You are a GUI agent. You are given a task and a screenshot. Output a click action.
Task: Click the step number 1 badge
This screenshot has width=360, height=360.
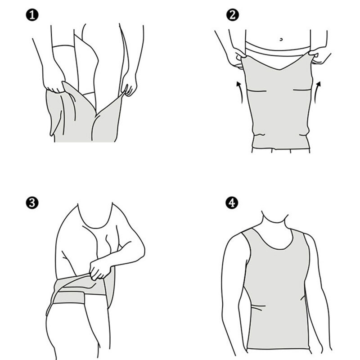pos(32,15)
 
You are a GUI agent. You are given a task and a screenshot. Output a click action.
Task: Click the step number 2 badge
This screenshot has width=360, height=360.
pos(232,15)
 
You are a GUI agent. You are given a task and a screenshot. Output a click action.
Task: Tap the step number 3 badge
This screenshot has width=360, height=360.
pos(32,203)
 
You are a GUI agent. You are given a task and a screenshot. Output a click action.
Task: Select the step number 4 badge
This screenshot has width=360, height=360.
pos(232,203)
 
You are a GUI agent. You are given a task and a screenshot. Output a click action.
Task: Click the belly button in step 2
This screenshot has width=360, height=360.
pos(281,40)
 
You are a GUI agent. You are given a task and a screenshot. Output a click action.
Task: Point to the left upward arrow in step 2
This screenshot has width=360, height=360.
pos(240,92)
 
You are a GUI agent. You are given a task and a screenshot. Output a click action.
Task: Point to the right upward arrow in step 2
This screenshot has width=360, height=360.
pos(317,92)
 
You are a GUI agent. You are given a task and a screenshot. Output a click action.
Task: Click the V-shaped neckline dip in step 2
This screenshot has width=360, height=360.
pos(279,69)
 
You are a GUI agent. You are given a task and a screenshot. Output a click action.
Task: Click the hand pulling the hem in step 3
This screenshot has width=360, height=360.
pos(100,269)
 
